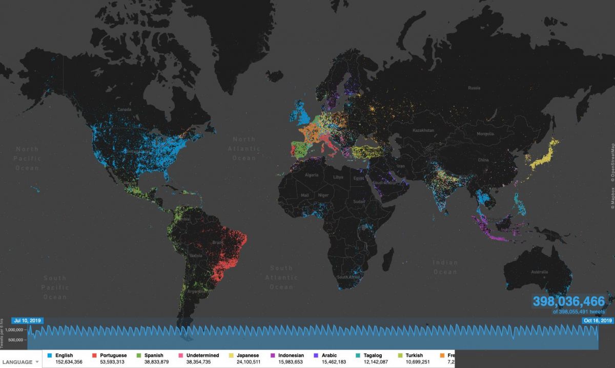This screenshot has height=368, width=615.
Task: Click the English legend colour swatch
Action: (50, 355)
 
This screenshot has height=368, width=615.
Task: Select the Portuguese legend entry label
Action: (113, 355)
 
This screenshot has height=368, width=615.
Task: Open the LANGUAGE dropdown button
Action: (20, 362)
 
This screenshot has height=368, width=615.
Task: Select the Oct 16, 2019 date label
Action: (598, 321)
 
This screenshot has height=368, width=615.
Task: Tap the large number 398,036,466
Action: (569, 301)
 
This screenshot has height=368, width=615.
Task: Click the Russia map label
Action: (474, 88)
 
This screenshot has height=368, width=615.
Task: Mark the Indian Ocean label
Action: (445, 267)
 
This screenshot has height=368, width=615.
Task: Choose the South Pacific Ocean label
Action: (55, 287)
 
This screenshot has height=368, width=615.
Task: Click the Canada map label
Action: (125, 110)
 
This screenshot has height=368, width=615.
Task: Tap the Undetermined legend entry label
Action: (201, 355)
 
